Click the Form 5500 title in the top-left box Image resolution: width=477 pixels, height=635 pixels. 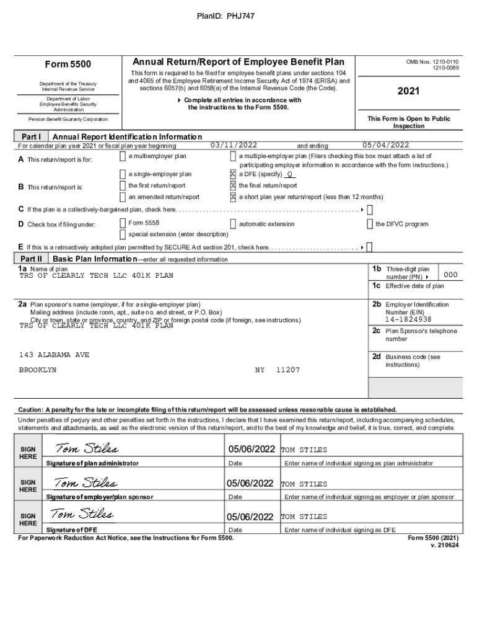(x=68, y=64)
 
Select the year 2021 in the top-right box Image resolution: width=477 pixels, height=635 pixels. (x=409, y=91)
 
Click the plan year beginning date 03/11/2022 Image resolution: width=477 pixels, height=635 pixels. (x=234, y=145)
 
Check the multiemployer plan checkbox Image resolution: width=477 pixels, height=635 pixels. (x=123, y=156)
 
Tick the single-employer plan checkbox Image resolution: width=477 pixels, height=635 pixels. (x=123, y=174)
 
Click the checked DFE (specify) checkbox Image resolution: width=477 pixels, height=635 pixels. (x=233, y=174)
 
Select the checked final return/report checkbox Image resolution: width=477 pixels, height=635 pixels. (x=233, y=185)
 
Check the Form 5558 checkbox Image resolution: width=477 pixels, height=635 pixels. (x=123, y=223)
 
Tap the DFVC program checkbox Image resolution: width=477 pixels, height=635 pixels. (x=370, y=223)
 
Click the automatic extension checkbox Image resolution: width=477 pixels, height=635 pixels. (x=233, y=223)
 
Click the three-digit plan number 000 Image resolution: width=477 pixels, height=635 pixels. (x=451, y=275)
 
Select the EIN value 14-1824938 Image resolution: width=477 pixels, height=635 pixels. (x=408, y=319)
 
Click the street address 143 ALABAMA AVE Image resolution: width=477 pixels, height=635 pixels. (x=55, y=355)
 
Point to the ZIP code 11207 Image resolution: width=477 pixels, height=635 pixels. (x=287, y=370)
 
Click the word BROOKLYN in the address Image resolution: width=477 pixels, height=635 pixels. (x=38, y=370)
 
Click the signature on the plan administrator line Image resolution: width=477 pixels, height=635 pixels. (x=87, y=448)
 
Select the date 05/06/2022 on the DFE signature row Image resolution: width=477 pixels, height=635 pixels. (x=250, y=517)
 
